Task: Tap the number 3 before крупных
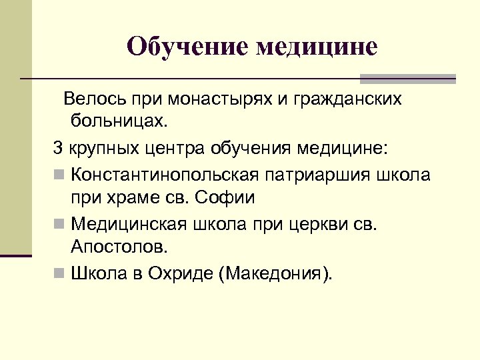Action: click(57, 147)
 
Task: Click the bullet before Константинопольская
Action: click(59, 175)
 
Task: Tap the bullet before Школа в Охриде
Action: click(59, 273)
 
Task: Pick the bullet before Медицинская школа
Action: click(59, 224)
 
